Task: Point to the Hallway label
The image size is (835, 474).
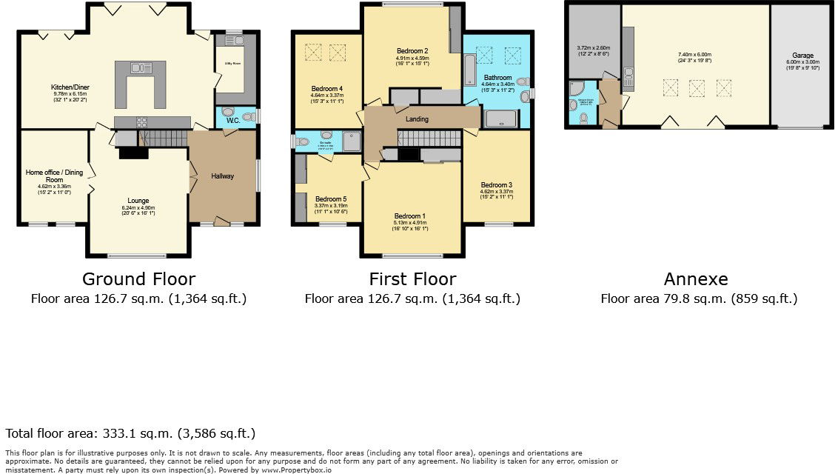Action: pyautogui.click(x=223, y=176)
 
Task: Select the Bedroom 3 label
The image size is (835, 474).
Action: pyautogui.click(x=497, y=184)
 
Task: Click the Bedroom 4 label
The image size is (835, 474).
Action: pyautogui.click(x=326, y=88)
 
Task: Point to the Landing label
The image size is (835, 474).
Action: pyautogui.click(x=417, y=119)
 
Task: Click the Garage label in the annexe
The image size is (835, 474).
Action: pyautogui.click(x=802, y=56)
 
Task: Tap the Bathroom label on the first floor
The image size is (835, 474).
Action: pyautogui.click(x=497, y=78)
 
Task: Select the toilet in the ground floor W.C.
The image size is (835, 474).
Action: pyautogui.click(x=228, y=112)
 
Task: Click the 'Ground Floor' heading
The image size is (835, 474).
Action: pyautogui.click(x=138, y=279)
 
